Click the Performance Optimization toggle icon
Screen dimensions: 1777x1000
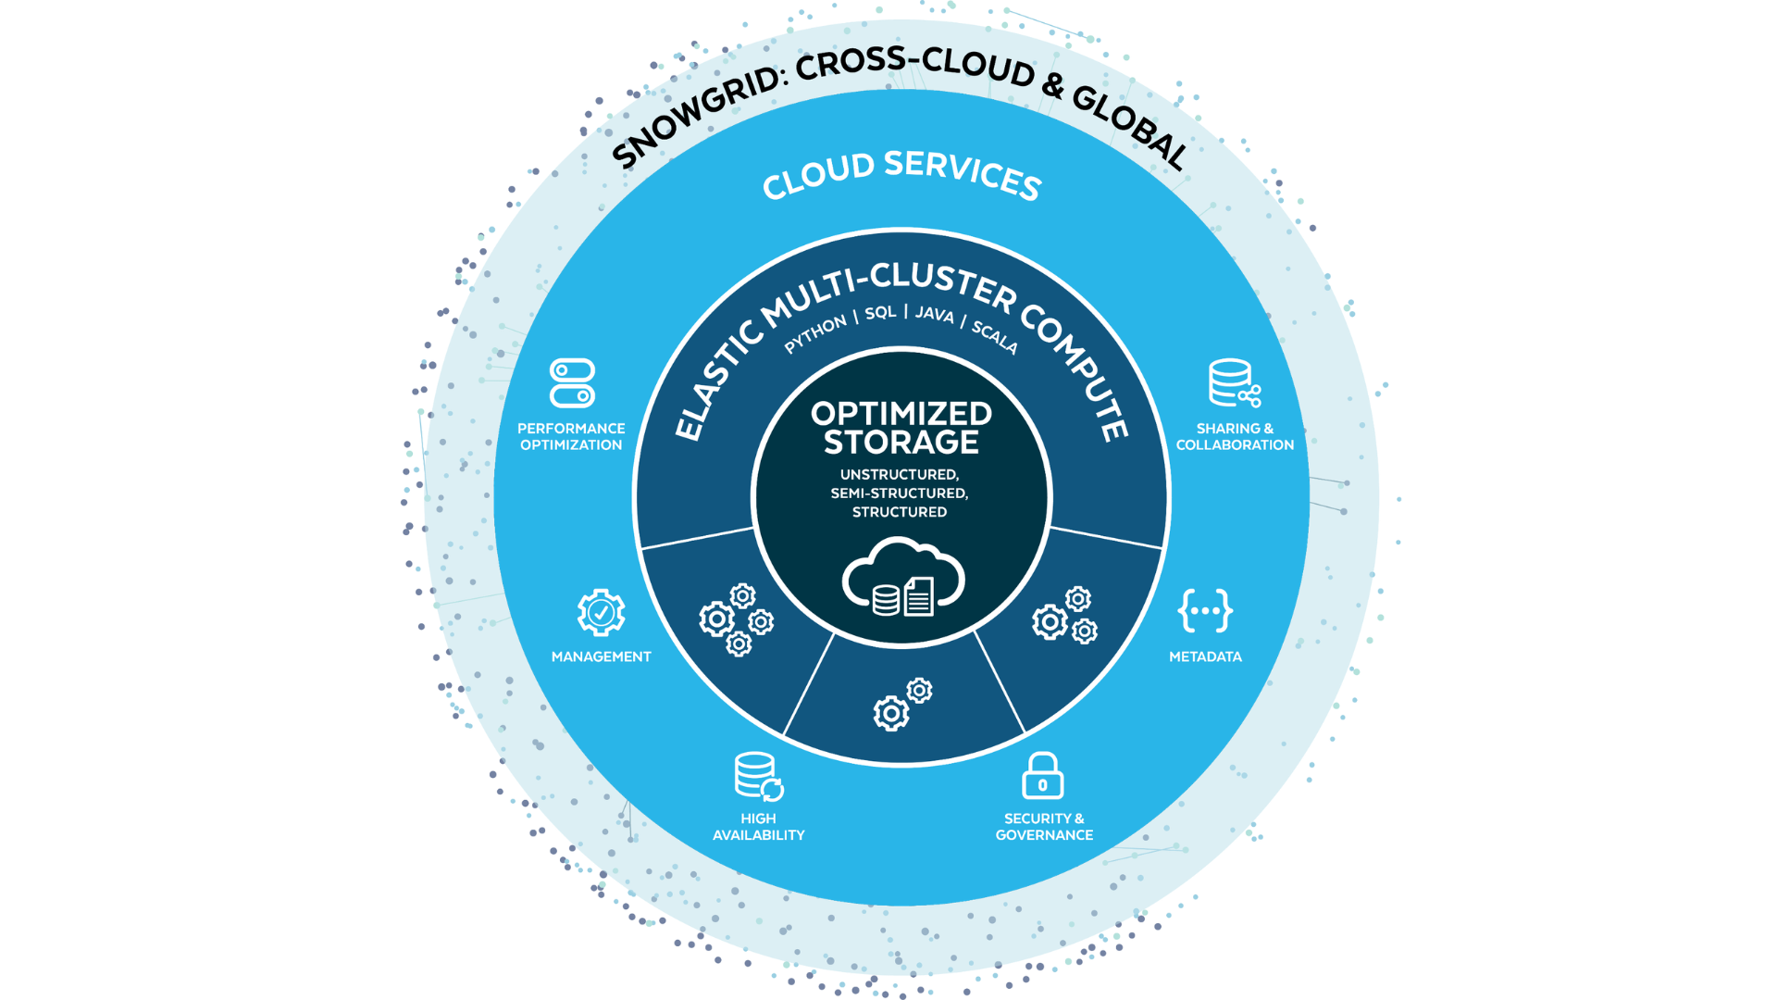572,383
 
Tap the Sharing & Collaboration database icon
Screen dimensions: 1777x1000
1234,383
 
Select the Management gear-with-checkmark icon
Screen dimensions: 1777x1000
602,612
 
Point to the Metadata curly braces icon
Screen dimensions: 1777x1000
1205,610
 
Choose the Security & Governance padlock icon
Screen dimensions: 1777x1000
1043,775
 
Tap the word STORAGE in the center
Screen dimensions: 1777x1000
901,443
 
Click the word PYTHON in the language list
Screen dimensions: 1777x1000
815,334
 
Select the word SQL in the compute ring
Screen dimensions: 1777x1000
881,312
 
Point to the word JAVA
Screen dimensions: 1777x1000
935,314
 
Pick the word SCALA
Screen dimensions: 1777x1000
995,337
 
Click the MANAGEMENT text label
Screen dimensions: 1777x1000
602,656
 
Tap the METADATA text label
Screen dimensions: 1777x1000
1205,656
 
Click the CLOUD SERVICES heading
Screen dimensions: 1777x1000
902,174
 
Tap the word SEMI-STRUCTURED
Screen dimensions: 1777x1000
900,494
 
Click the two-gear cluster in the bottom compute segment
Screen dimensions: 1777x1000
902,705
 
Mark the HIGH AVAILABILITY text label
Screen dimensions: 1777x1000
759,827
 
